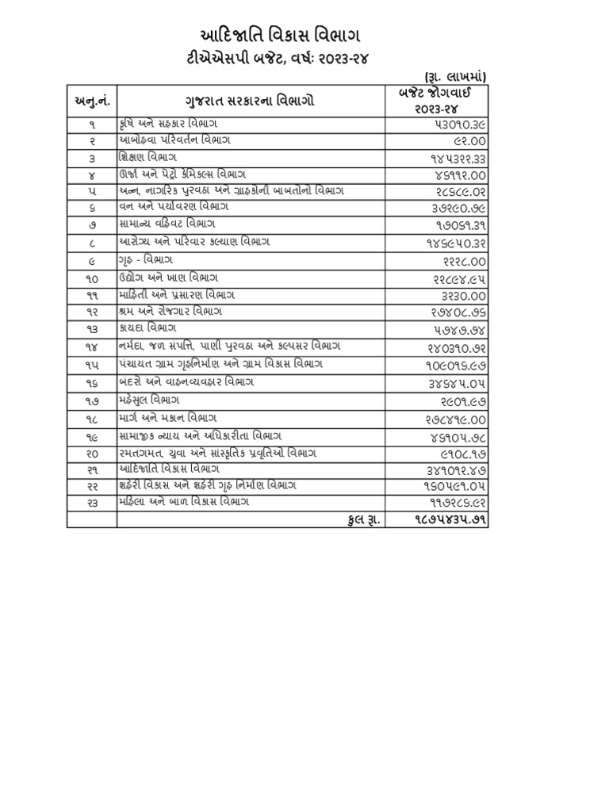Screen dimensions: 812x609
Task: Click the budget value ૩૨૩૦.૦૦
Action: pos(459,295)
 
